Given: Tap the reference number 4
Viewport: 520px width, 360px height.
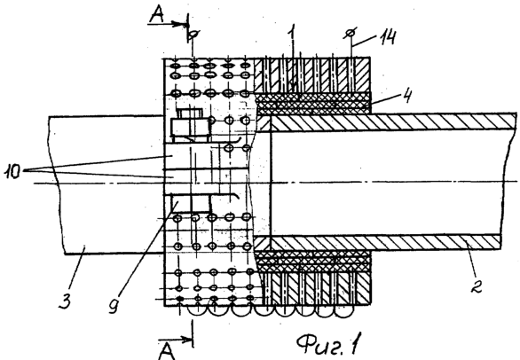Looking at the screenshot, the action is (x=407, y=96).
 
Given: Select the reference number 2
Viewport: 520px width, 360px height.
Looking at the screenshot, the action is (x=477, y=285).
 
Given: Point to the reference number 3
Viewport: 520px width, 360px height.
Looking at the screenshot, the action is (x=65, y=301).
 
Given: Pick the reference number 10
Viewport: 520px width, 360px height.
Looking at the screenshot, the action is (x=12, y=172).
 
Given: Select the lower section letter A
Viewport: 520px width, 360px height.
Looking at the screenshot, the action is (x=166, y=352).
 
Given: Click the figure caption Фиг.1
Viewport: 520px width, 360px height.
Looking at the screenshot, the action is (x=328, y=344).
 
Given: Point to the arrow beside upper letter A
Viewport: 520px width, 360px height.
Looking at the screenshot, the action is (x=168, y=24).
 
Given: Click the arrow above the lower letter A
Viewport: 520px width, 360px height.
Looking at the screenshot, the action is (x=175, y=339).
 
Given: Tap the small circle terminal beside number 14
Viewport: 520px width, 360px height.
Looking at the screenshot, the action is (x=350, y=33).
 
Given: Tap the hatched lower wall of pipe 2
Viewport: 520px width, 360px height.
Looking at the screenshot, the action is (x=385, y=243).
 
